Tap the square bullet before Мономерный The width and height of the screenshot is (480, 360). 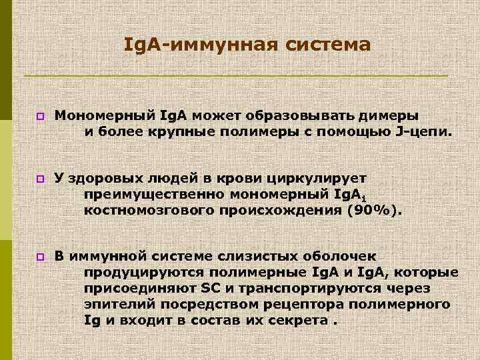click(x=40, y=116)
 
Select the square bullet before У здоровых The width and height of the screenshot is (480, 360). click(x=40, y=179)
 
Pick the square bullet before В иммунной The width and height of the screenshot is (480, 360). click(x=40, y=257)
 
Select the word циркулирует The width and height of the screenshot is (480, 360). click(x=316, y=178)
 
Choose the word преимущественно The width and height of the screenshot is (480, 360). click(x=154, y=195)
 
